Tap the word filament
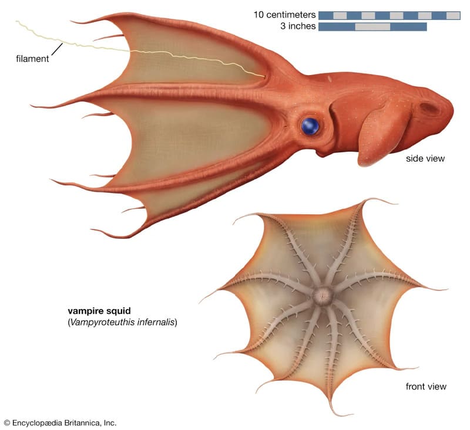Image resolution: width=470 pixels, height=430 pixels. [x=32, y=59]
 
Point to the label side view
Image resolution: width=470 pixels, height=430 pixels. [x=425, y=158]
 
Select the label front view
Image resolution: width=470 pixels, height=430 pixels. [x=426, y=387]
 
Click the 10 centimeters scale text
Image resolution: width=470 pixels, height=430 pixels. [x=285, y=15]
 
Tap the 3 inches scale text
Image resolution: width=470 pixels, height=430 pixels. [x=294, y=26]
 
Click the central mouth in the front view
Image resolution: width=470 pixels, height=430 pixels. [x=321, y=294]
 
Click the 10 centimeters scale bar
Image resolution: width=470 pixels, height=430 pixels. [x=389, y=15]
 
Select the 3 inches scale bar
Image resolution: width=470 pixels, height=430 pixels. [x=372, y=27]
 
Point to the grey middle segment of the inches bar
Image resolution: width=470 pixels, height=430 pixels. [x=372, y=27]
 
